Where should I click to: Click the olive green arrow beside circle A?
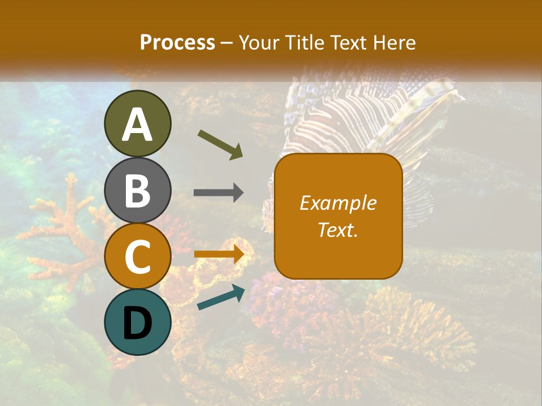coord(220,144)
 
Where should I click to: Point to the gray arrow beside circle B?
coord(218,193)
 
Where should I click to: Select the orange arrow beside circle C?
coord(219,254)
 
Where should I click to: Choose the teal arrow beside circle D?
coord(221,297)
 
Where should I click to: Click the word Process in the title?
coord(177,42)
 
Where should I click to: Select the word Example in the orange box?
coord(338,203)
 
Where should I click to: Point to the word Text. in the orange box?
coord(338,230)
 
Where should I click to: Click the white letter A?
coord(137,125)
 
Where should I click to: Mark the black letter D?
coord(137,323)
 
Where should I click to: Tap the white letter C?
coord(137,257)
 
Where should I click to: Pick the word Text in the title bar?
coord(347,42)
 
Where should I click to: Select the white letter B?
coord(137,191)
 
